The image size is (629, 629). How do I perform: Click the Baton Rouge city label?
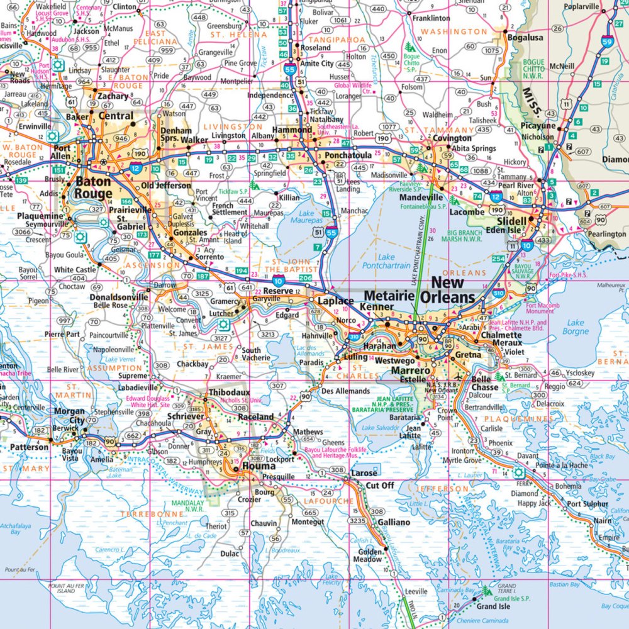coord(94,188)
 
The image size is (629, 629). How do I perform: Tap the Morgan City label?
coord(69,416)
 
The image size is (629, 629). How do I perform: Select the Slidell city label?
coord(511,221)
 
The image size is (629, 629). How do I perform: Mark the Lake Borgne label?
coord(576,326)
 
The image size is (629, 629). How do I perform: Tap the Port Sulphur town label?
coord(587,504)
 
